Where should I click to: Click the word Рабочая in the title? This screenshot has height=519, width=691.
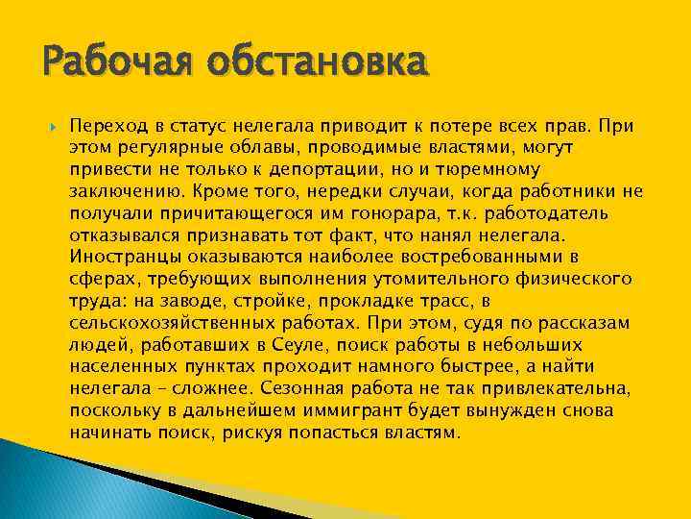tap(104, 63)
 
